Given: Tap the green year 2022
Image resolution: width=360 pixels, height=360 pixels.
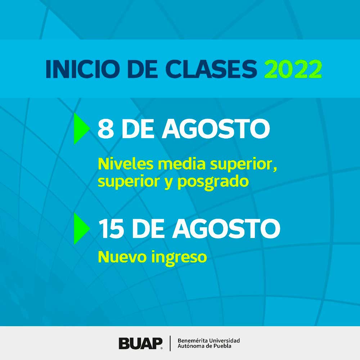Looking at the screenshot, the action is coord(293,69).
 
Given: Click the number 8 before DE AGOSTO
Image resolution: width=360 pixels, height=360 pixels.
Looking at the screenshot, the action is coord(105,129).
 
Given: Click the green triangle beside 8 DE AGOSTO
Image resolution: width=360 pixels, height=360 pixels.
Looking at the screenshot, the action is coord(81,129).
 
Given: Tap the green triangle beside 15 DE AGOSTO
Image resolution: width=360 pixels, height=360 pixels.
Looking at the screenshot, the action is coord(81,229).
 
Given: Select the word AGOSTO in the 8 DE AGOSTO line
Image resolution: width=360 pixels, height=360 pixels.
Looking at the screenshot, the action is coord(216,129).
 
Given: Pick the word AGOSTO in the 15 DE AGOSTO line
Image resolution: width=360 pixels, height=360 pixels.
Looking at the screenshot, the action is coord(226,229).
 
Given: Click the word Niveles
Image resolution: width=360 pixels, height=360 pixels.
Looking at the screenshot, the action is coord(126,164).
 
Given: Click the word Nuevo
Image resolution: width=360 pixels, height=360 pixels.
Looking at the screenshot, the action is coord(122,257).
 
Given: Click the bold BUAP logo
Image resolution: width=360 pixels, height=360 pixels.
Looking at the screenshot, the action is coord(140,343).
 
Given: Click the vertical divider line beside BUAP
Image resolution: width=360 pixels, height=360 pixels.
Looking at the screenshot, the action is coord(170,343).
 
